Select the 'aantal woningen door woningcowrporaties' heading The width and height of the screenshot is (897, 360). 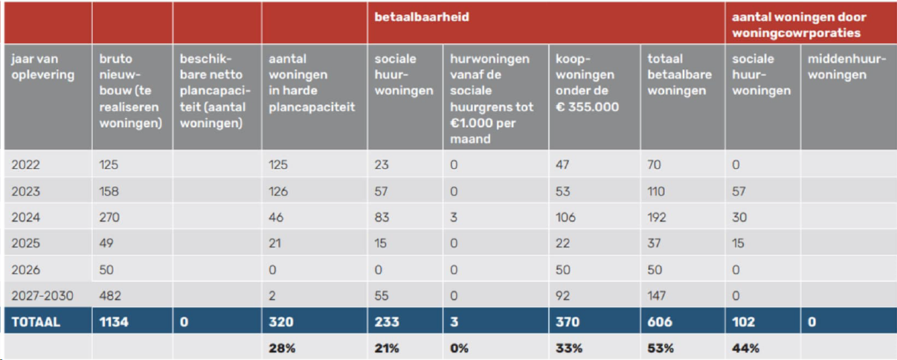pos(800,25)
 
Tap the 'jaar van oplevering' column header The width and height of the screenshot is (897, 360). pos(43,66)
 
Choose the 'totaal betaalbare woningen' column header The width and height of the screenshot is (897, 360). pos(679,74)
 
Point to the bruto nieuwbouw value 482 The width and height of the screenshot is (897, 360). pos(109,296)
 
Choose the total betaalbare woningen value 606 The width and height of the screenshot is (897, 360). pos(659,322)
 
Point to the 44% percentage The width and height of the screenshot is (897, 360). pos(744,347)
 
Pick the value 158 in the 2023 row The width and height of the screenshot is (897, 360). pos(109,192)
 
